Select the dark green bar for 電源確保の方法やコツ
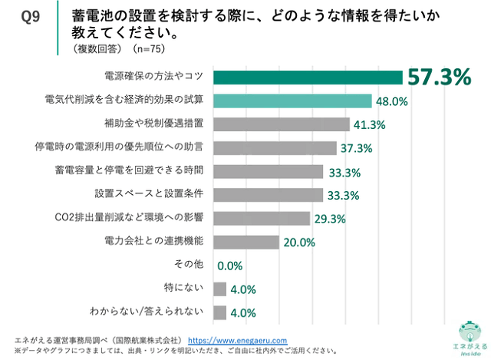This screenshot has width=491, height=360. click(308, 77)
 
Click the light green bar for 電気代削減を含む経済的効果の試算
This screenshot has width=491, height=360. click(292, 101)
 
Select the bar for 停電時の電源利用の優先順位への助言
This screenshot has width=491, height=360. click(275, 148)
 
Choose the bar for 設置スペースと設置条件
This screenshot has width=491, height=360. click(268, 195)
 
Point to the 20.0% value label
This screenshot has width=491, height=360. click(299, 243)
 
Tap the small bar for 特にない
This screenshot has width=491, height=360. click(219, 289)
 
